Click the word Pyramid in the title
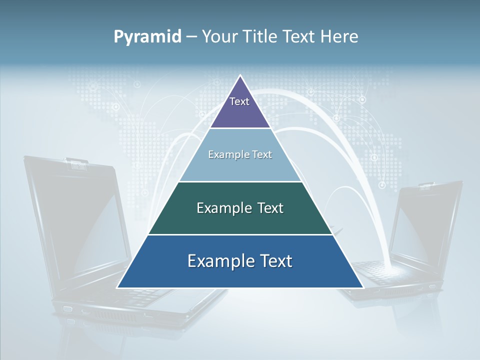tap(147, 37)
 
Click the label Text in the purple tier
tap(239, 101)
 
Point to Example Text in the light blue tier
tap(240, 154)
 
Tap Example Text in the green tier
tap(240, 208)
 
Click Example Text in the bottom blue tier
tap(240, 261)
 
